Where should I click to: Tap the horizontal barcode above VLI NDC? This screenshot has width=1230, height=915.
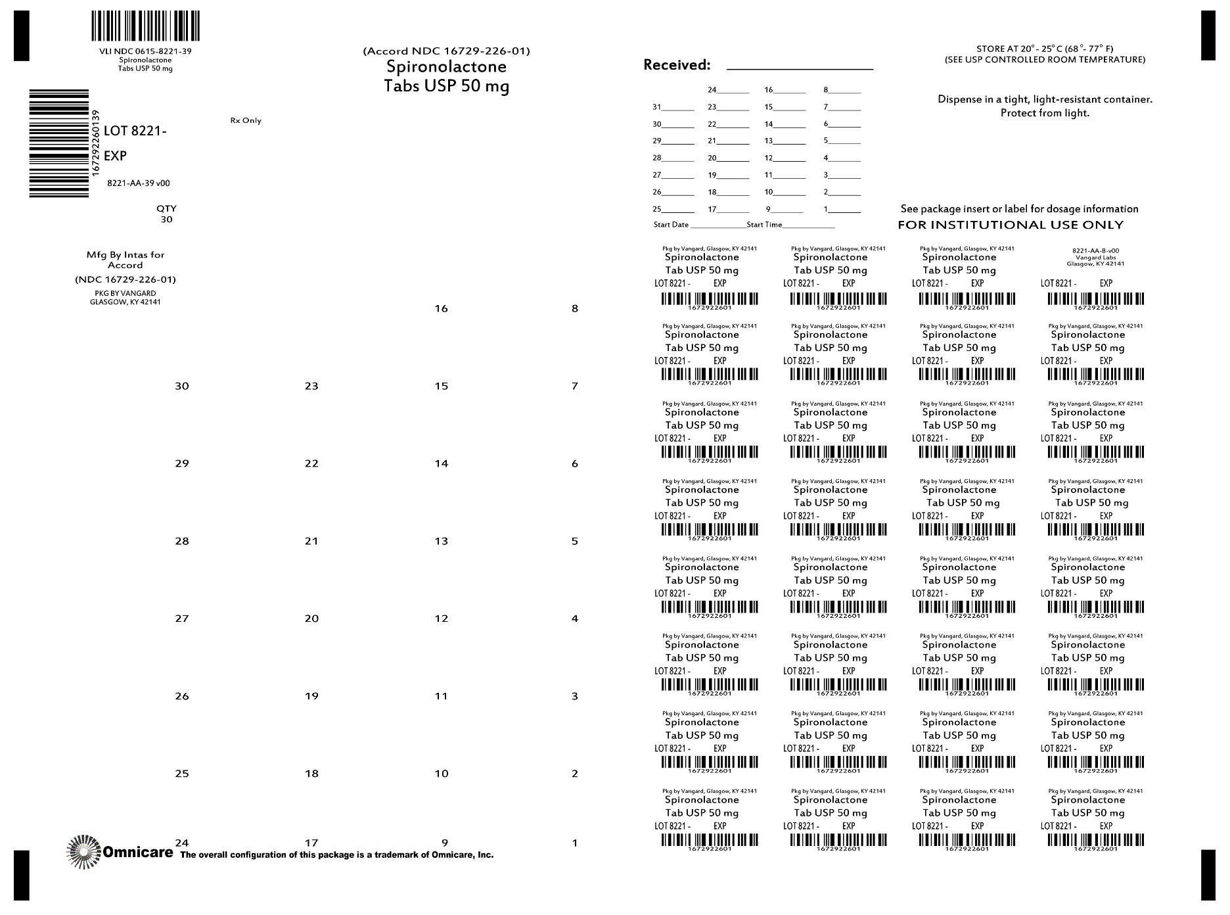145,27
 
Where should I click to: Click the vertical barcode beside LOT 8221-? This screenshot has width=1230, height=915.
59,143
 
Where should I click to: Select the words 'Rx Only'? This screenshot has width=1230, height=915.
246,121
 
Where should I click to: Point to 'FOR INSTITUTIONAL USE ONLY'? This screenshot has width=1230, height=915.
1011,225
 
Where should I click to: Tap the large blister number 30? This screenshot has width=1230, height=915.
182,387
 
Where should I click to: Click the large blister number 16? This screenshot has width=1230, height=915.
441,309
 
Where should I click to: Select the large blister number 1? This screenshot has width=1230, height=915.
575,843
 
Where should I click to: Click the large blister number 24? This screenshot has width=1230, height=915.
182,843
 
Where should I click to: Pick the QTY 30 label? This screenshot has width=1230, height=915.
166,214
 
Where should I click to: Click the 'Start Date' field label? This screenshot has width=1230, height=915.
671,225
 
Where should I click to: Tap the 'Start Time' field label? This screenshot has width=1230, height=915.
764,225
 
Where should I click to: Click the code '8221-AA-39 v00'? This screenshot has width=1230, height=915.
139,184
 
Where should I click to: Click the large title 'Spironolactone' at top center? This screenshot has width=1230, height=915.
446,67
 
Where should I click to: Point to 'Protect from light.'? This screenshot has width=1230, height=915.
1045,113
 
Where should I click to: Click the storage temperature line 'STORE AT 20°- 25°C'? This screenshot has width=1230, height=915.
1045,49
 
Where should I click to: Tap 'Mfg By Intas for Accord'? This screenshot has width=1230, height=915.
125,260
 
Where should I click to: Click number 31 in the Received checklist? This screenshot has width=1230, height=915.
657,107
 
